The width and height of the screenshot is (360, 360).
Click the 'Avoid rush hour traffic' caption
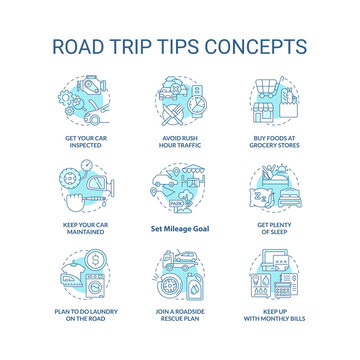(181, 140)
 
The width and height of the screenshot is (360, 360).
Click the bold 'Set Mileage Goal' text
(181, 225)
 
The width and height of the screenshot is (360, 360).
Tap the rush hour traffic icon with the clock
(181, 98)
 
